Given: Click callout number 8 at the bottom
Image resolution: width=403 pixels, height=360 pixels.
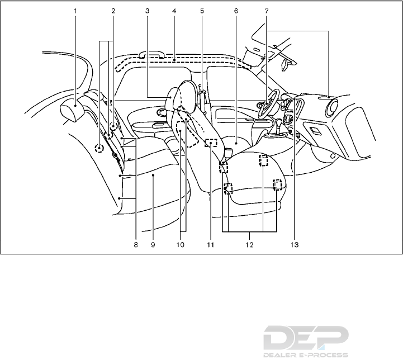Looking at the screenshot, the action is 135,245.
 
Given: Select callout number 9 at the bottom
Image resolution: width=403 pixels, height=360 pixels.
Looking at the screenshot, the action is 152,245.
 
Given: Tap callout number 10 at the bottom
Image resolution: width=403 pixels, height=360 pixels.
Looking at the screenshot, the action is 180,245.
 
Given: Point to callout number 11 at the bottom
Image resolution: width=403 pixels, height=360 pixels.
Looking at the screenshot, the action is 210,245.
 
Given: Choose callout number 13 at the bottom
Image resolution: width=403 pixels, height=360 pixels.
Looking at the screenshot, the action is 295,245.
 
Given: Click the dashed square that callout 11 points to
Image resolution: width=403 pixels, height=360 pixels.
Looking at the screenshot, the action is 210,143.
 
